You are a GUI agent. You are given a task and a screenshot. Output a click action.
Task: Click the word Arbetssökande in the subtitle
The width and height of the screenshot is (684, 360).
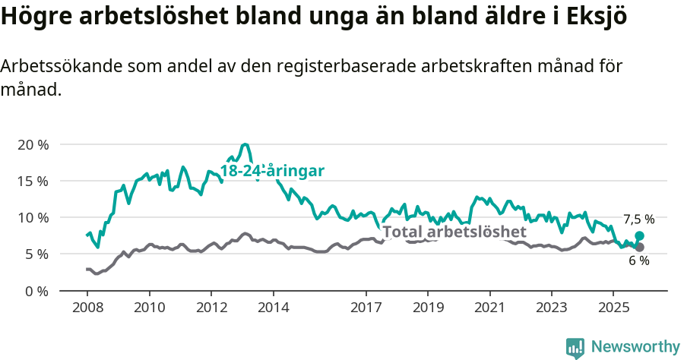click(x=52, y=67)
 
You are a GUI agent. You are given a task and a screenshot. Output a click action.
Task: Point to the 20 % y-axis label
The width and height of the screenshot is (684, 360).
click(x=33, y=144)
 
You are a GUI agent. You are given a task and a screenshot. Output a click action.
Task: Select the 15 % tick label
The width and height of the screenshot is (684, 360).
click(x=33, y=181)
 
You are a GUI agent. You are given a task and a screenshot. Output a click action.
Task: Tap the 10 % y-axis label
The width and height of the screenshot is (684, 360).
click(x=33, y=218)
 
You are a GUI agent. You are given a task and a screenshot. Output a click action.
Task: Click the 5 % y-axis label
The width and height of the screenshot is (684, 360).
click(x=36, y=254)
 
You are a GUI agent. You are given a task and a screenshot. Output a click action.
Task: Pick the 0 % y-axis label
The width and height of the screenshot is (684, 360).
click(x=36, y=291)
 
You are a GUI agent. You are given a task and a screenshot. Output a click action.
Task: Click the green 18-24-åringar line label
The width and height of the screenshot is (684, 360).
click(x=272, y=171)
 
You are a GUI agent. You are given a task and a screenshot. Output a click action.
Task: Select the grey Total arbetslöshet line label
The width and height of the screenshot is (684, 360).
click(x=454, y=232)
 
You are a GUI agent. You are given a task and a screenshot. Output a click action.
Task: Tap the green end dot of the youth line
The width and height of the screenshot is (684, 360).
click(x=639, y=236)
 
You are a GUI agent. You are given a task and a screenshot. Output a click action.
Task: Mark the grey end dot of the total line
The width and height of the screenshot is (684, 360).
click(x=639, y=247)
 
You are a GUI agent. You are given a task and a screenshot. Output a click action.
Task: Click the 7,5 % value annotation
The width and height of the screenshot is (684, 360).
click(x=638, y=219)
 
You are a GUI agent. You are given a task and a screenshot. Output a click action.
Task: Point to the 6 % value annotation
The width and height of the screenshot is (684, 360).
click(x=638, y=261)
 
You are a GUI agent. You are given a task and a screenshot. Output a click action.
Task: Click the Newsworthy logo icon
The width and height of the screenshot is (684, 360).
click(x=575, y=348)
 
